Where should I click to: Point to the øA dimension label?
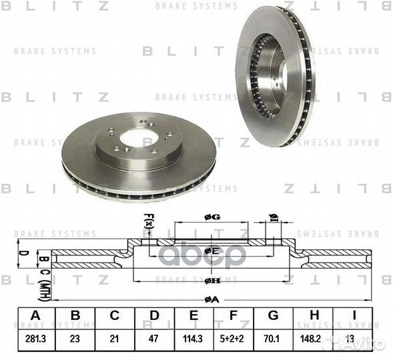pyautogui.click(x=211, y=300)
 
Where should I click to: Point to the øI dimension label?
pyautogui.click(x=272, y=217)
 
